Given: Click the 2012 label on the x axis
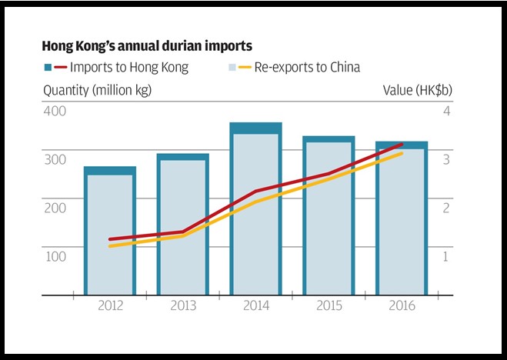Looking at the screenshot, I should tap(109, 306).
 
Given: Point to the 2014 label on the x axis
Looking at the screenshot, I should tap(256, 306).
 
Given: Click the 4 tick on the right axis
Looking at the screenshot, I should tap(445, 111).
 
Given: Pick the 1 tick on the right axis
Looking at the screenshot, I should tap(445, 256).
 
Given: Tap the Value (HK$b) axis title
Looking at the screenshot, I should tap(417, 91).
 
